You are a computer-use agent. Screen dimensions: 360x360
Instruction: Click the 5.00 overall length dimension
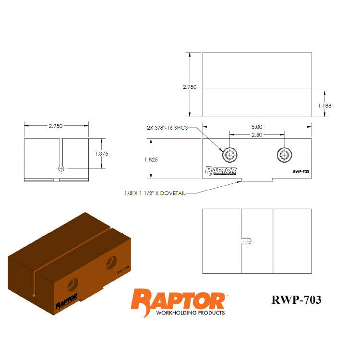point(256,127)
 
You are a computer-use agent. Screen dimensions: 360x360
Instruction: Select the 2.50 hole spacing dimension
point(256,135)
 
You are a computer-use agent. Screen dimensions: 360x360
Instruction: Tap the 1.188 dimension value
point(324,105)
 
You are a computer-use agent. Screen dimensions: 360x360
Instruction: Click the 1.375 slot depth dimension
point(102,154)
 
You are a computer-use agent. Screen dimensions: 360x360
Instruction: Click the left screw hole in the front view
point(230,155)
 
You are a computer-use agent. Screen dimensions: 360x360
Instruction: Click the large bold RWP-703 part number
point(296,300)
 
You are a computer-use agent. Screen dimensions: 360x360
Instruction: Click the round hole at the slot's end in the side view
point(61,168)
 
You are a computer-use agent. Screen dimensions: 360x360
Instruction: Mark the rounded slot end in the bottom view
point(246,241)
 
